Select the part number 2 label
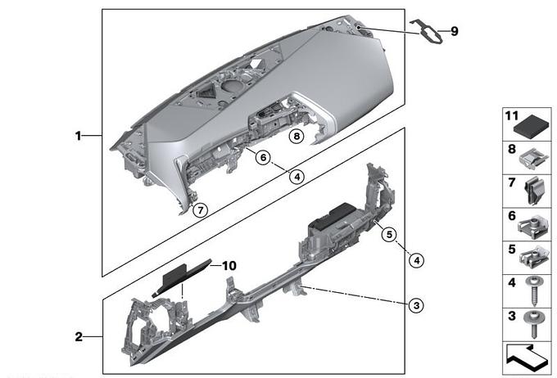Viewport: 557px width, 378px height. tap(79, 336)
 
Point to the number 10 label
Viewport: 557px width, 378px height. tap(229, 266)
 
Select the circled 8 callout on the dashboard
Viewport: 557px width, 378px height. tap(295, 136)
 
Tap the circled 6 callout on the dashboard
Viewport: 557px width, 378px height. tap(262, 157)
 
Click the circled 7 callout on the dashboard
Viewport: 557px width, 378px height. tap(201, 210)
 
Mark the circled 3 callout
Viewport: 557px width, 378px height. tap(416, 304)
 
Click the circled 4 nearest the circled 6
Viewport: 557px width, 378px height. tap(297, 175)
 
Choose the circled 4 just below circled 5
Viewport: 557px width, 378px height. tap(416, 260)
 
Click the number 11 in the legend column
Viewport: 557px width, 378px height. tap(511, 117)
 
